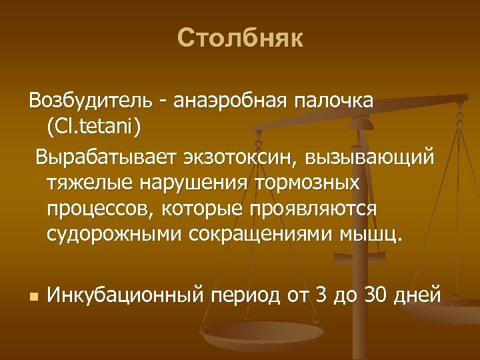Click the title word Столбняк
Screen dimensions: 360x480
(240, 39)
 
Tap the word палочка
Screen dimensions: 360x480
(337, 101)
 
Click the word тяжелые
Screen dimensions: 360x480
(84, 183)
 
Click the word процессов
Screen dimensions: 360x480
(98, 209)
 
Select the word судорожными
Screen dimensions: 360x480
(112, 234)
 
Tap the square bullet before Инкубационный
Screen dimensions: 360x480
(32, 294)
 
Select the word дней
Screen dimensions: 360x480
(418, 293)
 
